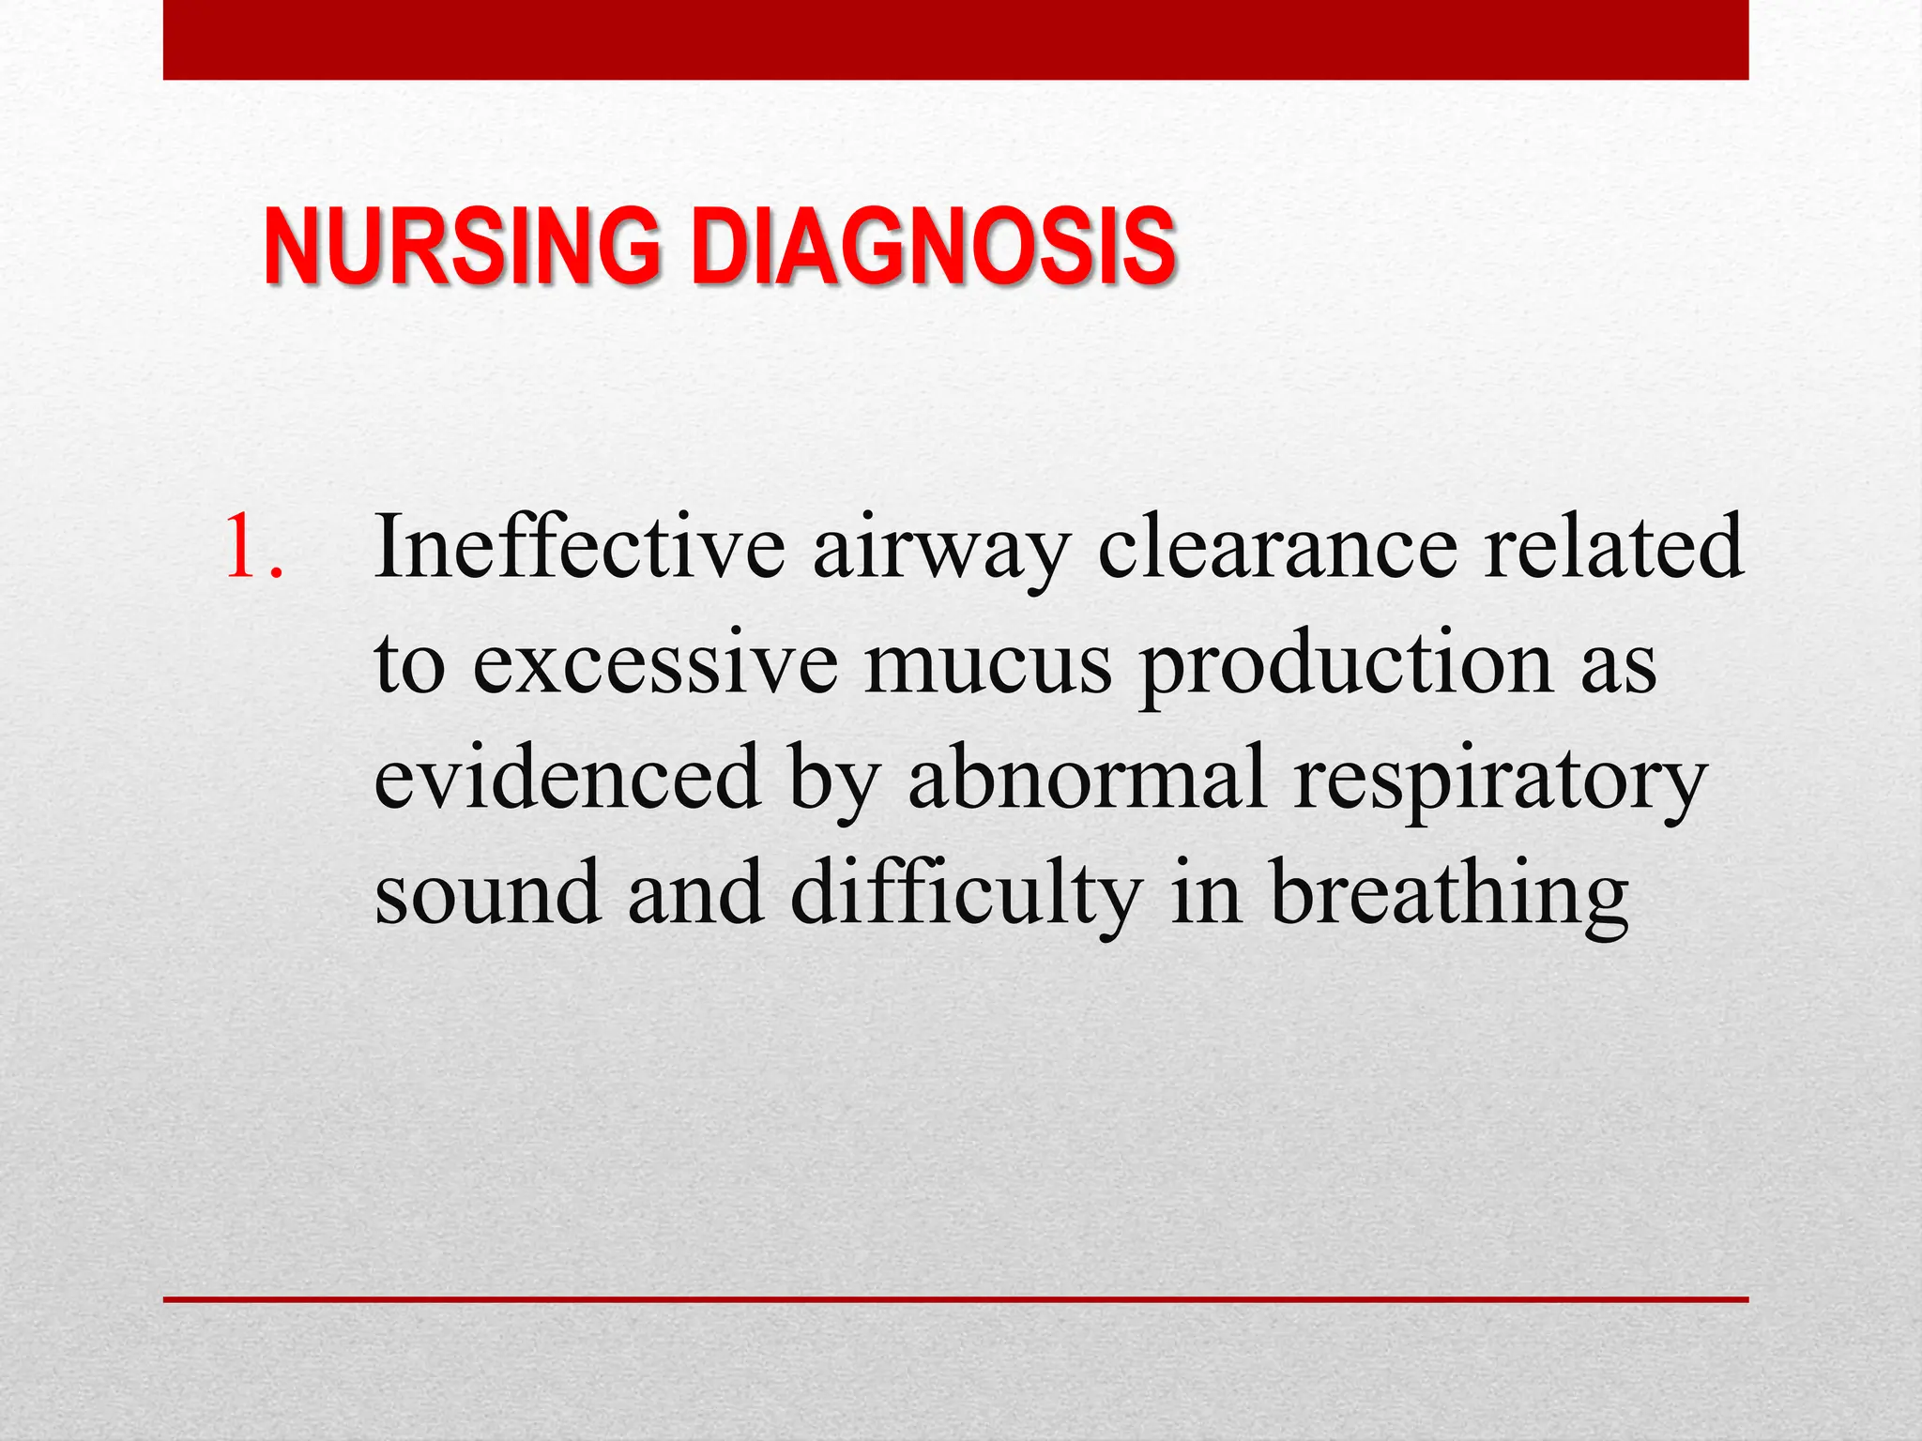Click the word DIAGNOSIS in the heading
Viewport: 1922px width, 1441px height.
pyautogui.click(x=933, y=247)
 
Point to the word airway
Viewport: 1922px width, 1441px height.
pyautogui.click(x=941, y=554)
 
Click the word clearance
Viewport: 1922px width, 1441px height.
pyautogui.click(x=1277, y=548)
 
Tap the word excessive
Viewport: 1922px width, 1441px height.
pyautogui.click(x=655, y=665)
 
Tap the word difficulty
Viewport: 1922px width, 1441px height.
pyautogui.click(x=967, y=896)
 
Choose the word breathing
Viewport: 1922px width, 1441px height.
pyautogui.click(x=1449, y=896)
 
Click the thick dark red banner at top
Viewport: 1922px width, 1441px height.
pyautogui.click(x=955, y=39)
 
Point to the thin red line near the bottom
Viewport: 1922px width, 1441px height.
pyautogui.click(x=955, y=1299)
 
